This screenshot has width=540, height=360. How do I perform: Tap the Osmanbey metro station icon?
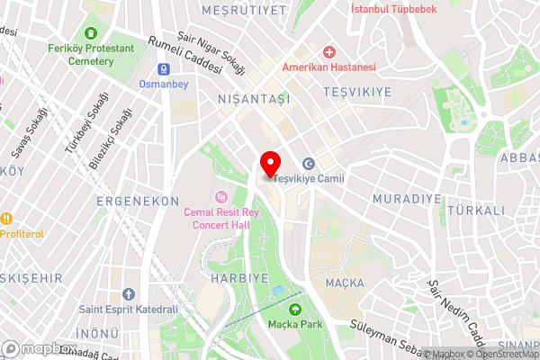[x=164, y=68]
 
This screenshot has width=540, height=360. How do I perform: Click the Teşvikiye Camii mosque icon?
[x=309, y=164]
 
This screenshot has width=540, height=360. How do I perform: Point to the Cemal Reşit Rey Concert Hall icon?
[x=220, y=196]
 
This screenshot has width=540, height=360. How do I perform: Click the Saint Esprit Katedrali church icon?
[x=129, y=294]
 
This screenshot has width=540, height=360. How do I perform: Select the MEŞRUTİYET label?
[x=256, y=10]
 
